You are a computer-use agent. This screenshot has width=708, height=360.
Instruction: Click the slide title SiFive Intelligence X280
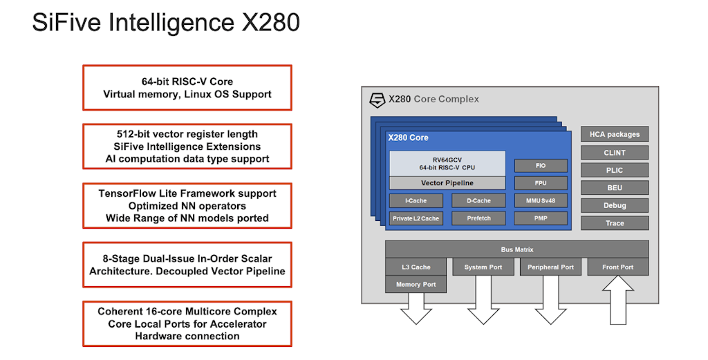[x=166, y=22]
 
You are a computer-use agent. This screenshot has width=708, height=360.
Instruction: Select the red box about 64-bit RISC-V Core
[x=187, y=87]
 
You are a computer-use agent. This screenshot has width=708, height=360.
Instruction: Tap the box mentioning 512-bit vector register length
[x=187, y=146]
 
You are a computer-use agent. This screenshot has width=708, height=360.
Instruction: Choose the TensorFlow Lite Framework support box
[x=187, y=206]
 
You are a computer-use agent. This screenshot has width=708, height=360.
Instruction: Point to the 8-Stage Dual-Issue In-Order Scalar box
[x=187, y=265]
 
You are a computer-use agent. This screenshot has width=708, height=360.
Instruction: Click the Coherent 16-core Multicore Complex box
[x=187, y=323]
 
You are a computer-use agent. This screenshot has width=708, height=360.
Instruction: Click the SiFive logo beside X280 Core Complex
[x=377, y=100]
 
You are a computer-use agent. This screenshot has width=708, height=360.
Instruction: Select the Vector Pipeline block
[x=447, y=183]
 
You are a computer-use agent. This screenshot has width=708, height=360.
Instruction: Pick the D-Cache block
[x=478, y=201]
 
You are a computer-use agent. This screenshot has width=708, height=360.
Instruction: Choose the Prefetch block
[x=478, y=218]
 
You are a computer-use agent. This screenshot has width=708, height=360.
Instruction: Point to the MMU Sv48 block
[x=541, y=201]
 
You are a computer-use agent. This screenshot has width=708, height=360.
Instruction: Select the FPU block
[x=541, y=183]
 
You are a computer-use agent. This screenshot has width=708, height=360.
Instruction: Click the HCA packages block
[x=615, y=134]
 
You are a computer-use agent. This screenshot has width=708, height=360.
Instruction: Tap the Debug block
[x=615, y=205]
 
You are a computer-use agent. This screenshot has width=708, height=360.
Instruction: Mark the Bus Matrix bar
[x=516, y=249]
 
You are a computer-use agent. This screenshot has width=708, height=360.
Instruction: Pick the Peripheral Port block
[x=550, y=267]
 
